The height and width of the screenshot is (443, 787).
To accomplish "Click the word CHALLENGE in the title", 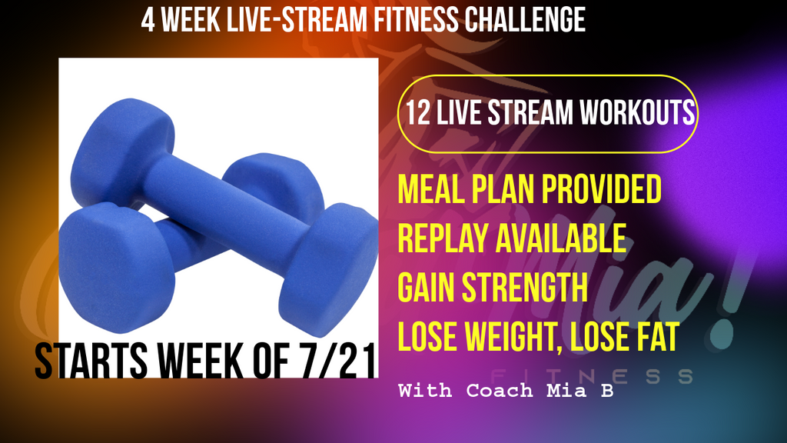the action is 524,20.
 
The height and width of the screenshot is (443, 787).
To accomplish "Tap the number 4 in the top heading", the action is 148,20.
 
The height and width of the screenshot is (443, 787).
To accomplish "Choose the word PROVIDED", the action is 601,189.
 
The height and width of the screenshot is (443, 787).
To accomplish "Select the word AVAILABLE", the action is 561,238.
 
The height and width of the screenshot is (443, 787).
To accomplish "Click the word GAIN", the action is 426,288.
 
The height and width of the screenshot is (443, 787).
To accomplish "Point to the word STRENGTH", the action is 524,288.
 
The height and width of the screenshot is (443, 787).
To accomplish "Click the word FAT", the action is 658,337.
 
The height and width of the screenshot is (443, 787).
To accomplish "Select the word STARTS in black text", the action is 91,361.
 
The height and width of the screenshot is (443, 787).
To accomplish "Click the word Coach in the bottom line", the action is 500,390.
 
